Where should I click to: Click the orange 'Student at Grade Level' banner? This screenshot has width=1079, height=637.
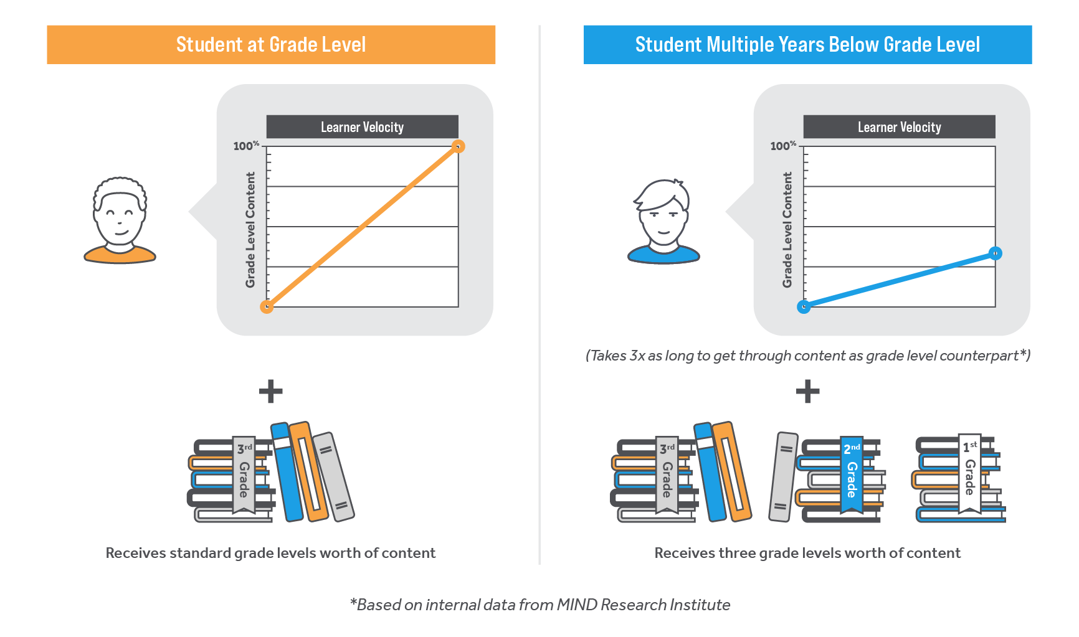[271, 45]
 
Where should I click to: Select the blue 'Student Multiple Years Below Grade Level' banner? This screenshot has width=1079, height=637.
[807, 45]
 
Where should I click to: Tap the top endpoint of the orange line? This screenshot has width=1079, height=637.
[458, 146]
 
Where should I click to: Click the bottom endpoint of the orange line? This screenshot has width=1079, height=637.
[267, 306]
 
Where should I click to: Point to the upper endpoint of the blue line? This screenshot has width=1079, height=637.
[995, 253]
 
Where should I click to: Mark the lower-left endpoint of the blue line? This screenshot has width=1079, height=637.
[804, 306]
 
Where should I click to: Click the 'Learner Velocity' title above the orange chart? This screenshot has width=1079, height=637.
[362, 127]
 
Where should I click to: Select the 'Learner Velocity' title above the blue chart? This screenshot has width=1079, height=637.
[899, 127]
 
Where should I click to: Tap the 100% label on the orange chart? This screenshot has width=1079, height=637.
[246, 146]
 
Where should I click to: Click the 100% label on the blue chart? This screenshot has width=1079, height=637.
[783, 146]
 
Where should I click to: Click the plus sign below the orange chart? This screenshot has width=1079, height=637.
[271, 392]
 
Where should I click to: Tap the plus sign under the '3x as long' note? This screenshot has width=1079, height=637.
[807, 392]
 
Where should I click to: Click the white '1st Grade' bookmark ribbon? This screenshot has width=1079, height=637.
[969, 473]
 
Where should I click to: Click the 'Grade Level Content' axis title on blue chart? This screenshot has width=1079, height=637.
[787, 230]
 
